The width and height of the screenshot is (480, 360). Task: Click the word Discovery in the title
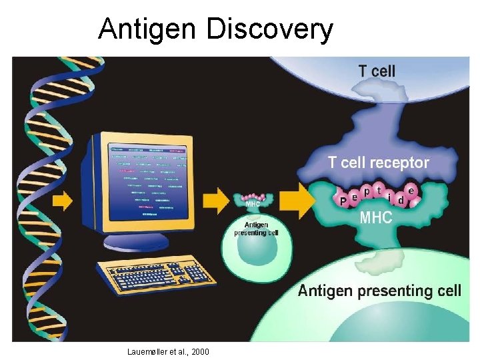coord(270,29)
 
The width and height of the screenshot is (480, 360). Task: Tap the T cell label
coord(377,71)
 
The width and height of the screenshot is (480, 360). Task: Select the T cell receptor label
coord(378,162)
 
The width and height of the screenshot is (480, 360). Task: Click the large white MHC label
coord(376,217)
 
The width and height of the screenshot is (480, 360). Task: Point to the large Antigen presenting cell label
coord(379,291)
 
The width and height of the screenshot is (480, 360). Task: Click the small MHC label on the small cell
coord(253,205)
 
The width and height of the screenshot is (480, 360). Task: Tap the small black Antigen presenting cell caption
coord(256,229)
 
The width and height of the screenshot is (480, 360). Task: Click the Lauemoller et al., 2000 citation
coord(167,351)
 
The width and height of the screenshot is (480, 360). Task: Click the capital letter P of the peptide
coord(343,200)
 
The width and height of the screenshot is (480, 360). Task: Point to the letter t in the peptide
coord(379,190)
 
